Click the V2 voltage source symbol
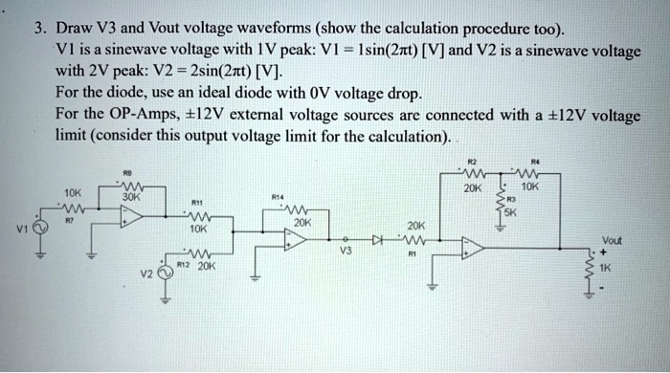[x=165, y=272]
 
